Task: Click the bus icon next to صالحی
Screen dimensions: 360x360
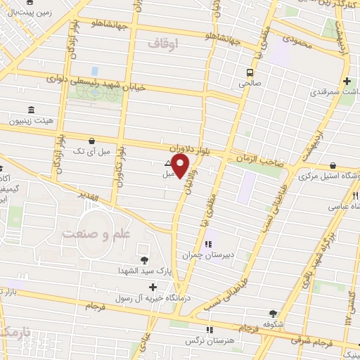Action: pos(250,72)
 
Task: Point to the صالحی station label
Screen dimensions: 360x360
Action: pos(250,83)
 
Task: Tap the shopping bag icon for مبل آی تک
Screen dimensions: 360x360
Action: pos(92,141)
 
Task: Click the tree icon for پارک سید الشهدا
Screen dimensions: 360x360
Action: pos(145,260)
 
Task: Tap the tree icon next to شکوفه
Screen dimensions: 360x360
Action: pos(274,314)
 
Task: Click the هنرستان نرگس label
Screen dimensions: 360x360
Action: pos(209,340)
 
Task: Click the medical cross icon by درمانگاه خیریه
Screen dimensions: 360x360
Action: pos(152,287)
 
